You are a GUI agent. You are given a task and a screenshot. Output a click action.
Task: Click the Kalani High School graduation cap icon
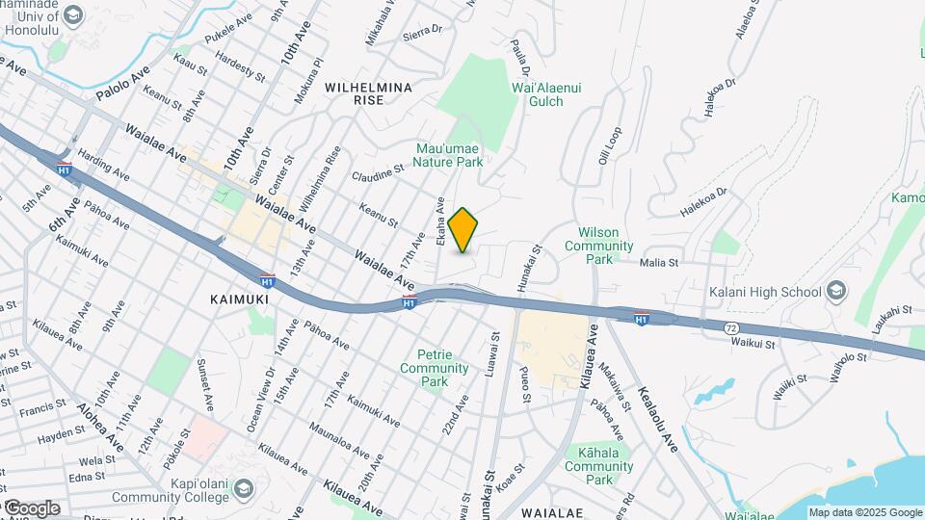click(x=835, y=292)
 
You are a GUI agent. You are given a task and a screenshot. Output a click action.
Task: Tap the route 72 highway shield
click(x=732, y=328)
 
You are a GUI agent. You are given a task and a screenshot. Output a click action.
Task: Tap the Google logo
click(x=31, y=507)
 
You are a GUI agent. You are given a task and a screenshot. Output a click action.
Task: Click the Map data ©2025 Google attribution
click(x=864, y=512)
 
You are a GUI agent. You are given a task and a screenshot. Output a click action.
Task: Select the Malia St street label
click(x=660, y=261)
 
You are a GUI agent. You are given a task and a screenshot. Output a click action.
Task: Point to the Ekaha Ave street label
click(x=440, y=220)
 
